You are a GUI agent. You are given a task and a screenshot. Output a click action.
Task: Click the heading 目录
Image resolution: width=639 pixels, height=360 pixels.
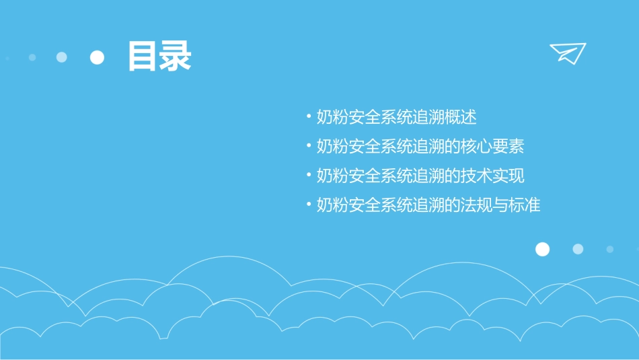(159, 57)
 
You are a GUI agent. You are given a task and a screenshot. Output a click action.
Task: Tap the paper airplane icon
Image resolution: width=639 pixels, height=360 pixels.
(567, 53)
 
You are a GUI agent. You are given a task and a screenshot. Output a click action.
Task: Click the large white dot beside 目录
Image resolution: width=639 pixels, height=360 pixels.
(98, 57)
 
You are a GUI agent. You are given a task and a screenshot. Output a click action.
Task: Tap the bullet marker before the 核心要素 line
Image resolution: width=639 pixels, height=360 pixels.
(309, 145)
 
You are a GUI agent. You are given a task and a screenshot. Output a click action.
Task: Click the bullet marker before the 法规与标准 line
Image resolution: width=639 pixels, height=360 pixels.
(309, 205)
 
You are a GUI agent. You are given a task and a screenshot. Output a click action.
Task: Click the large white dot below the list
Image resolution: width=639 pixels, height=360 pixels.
(542, 250)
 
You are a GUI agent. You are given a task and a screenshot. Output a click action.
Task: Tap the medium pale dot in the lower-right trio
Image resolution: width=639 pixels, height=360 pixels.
(578, 249)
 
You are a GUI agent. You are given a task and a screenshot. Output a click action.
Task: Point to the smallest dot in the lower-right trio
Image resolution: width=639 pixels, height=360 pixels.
(609, 249)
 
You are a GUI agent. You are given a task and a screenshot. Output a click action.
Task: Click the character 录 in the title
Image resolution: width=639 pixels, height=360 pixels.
(175, 57)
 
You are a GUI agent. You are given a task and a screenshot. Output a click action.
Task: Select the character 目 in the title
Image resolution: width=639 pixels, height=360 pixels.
(143, 57)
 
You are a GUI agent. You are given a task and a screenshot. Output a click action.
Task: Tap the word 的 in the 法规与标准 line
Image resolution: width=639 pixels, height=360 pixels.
(451, 205)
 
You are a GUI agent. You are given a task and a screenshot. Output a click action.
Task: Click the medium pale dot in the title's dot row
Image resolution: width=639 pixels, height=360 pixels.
(62, 57)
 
